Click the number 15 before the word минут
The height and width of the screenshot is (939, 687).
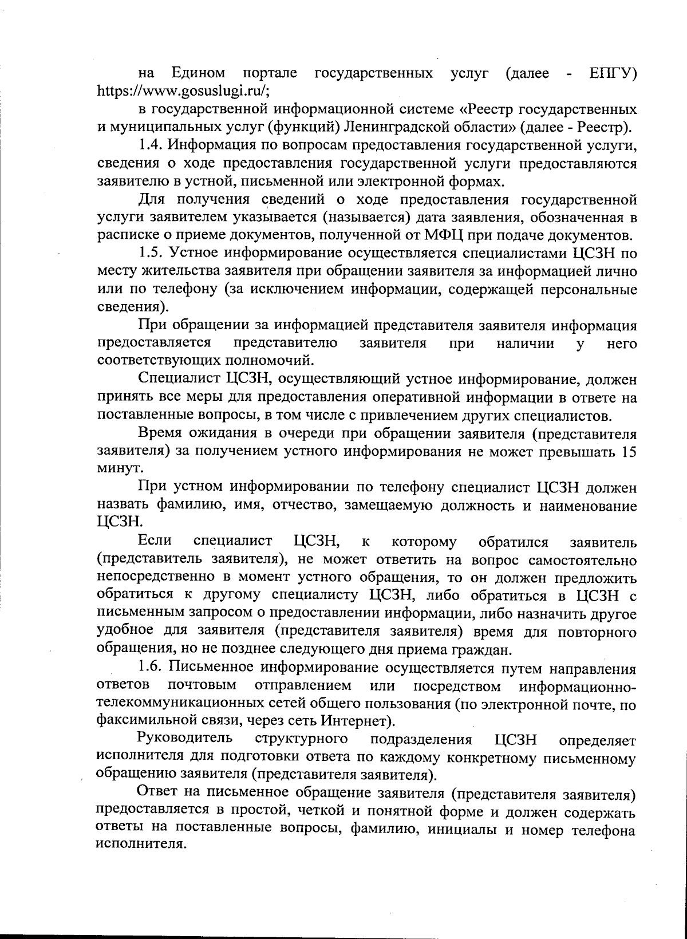click(x=629, y=451)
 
